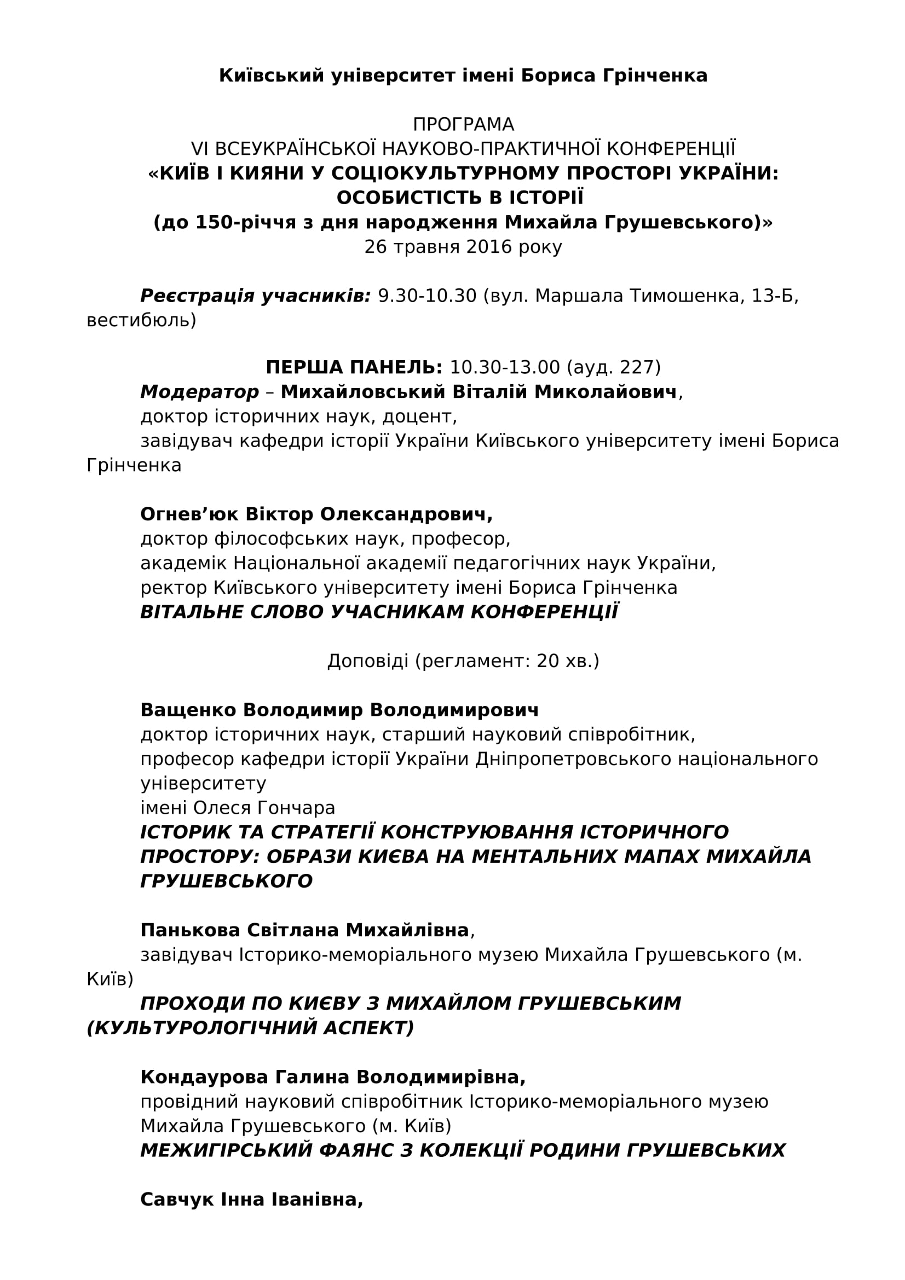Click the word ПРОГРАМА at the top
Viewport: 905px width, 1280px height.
tap(463, 124)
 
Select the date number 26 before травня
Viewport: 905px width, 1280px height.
tap(375, 247)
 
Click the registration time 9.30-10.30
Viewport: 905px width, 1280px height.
tap(427, 296)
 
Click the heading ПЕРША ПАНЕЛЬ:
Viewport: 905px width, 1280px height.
tap(354, 367)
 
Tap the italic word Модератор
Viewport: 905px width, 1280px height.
tap(200, 392)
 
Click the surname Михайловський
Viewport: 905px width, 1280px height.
tap(363, 392)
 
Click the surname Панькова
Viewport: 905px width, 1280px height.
tap(190, 930)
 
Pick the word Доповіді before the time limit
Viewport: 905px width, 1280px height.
tap(368, 661)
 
